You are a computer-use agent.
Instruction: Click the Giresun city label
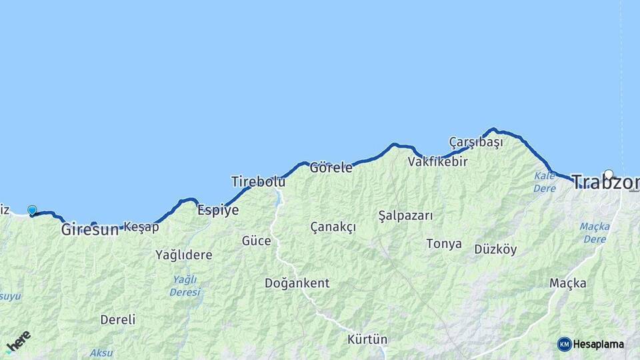click(89, 229)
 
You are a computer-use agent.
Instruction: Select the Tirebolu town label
click(258, 181)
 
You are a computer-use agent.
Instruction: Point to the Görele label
click(331, 167)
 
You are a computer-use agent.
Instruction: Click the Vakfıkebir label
click(437, 161)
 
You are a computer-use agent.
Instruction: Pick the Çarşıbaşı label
click(476, 142)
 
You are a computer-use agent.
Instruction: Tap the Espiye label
click(218, 209)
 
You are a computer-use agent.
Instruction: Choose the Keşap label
click(141, 227)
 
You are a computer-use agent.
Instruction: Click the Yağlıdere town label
click(183, 255)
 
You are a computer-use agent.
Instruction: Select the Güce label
click(256, 241)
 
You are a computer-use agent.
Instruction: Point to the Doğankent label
click(297, 283)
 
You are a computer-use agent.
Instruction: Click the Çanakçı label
click(333, 227)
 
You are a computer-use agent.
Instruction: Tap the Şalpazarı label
click(405, 215)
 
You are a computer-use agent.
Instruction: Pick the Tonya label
click(444, 243)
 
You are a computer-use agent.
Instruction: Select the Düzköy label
click(495, 249)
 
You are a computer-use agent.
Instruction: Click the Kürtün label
click(367, 339)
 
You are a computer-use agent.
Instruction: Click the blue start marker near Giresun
click(32, 211)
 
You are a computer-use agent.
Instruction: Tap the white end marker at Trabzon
click(608, 175)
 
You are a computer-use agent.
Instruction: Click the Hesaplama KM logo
click(591, 344)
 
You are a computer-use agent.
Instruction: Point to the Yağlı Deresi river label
click(185, 285)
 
